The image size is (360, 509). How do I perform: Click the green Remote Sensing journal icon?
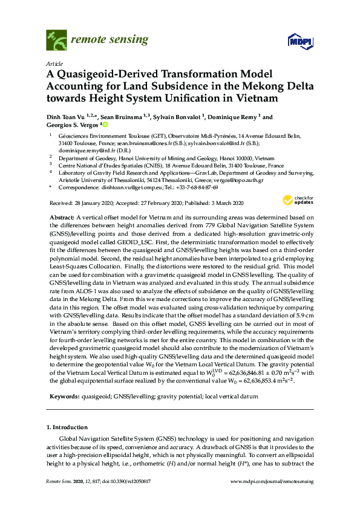click(x=56, y=41)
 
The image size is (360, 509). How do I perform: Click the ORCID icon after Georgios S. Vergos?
click(x=105, y=125)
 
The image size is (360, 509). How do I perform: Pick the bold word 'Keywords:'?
click(x=64, y=396)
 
